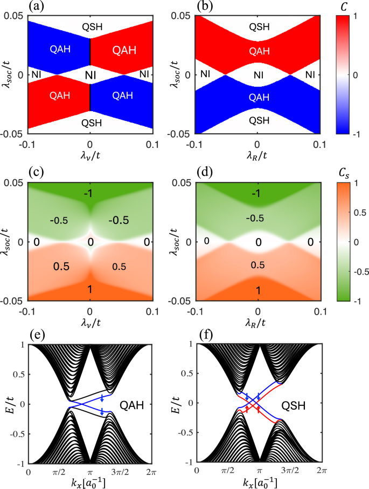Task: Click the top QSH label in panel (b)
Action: tap(257, 26)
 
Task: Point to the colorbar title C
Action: tap(346, 8)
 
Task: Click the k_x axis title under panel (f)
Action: tap(258, 483)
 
